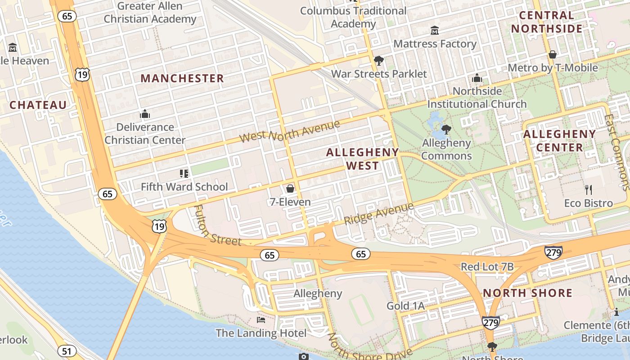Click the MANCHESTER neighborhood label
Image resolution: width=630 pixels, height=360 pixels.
(x=182, y=78)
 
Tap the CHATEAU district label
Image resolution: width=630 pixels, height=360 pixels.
(x=38, y=105)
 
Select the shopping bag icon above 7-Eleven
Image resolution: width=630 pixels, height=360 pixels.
(x=290, y=188)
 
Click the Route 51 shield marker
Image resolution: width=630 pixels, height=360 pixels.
(x=66, y=351)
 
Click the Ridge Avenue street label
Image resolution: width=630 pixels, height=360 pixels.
(x=378, y=214)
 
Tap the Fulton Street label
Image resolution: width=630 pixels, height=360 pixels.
(x=217, y=226)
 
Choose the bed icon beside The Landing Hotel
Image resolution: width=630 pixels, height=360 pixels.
(x=261, y=320)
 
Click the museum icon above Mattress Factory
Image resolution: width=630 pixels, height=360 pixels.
(x=435, y=30)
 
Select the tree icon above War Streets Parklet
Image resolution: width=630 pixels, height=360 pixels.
(x=379, y=60)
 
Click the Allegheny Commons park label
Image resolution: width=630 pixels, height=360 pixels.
(x=446, y=149)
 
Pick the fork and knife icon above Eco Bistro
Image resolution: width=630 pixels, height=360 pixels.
(x=589, y=189)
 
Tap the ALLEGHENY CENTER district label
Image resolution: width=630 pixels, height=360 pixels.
(x=559, y=140)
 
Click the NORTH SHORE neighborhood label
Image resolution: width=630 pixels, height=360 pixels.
(x=527, y=293)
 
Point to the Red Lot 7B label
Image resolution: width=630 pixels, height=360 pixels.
(x=487, y=267)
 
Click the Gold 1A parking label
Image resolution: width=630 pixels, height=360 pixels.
(x=405, y=306)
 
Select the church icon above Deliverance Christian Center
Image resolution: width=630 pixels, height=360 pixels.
(x=145, y=114)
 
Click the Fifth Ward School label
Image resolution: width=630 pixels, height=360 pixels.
(x=184, y=187)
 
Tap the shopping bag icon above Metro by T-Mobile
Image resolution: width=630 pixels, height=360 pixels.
(x=553, y=54)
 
